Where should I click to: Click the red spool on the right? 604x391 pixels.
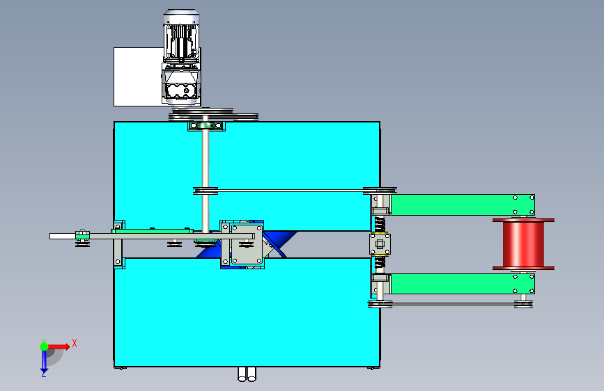523,244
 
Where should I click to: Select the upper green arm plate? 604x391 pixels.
463,205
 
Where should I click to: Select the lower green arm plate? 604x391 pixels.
463,284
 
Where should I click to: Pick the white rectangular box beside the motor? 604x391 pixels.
138,77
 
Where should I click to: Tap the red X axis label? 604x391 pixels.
75,343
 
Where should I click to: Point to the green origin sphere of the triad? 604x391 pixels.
45,346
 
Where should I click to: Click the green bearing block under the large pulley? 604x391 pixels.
206,126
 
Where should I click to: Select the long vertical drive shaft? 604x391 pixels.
206,177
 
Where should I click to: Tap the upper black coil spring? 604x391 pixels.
380,224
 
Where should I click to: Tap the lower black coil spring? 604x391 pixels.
380,263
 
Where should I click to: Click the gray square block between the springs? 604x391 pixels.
380,244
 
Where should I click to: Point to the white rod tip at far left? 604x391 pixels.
51,237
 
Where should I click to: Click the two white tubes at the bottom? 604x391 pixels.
247,374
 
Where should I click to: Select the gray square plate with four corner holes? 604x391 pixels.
247,244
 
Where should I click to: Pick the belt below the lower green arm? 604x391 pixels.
451,304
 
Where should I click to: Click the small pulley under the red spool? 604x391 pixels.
523,304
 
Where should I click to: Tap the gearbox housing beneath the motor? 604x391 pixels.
181,85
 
